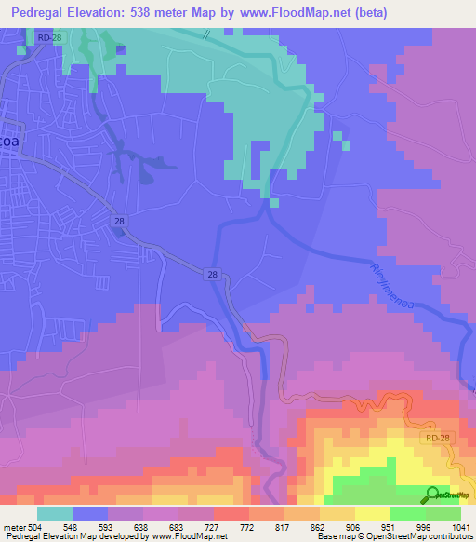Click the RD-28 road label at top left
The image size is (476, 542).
pyautogui.click(x=52, y=35)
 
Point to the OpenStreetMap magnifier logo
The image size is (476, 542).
pyautogui.click(x=432, y=495)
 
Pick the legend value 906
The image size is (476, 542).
pyautogui.click(x=355, y=527)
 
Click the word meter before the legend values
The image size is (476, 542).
pyautogui.click(x=14, y=527)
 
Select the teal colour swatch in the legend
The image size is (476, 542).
pyautogui.click(x=54, y=513)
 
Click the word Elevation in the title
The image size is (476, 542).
pyautogui.click(x=111, y=12)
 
